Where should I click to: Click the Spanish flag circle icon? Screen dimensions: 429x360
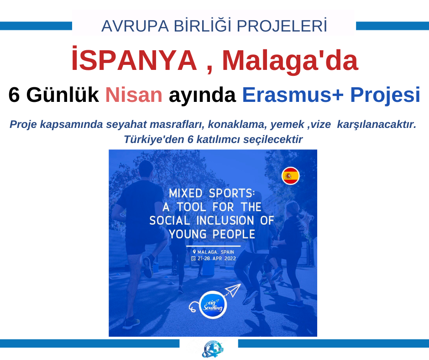pos(291,176)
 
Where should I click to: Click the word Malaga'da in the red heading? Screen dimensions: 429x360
pos(290,61)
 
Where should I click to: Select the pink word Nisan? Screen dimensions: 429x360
pos(134,95)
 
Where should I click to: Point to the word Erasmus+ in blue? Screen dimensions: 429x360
pos(293,95)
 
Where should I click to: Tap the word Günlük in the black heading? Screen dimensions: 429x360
pos(63,95)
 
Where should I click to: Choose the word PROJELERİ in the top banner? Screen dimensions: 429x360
pos(282,26)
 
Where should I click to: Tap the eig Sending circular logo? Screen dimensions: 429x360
pos(213,305)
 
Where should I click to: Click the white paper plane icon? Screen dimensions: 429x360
pos(233,290)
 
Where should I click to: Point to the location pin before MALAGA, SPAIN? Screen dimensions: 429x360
pos(194,252)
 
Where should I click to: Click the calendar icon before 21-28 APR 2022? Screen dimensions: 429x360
pos(194,259)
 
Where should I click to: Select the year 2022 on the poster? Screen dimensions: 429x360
pos(230,259)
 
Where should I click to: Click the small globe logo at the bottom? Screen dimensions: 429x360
pos(213,349)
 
